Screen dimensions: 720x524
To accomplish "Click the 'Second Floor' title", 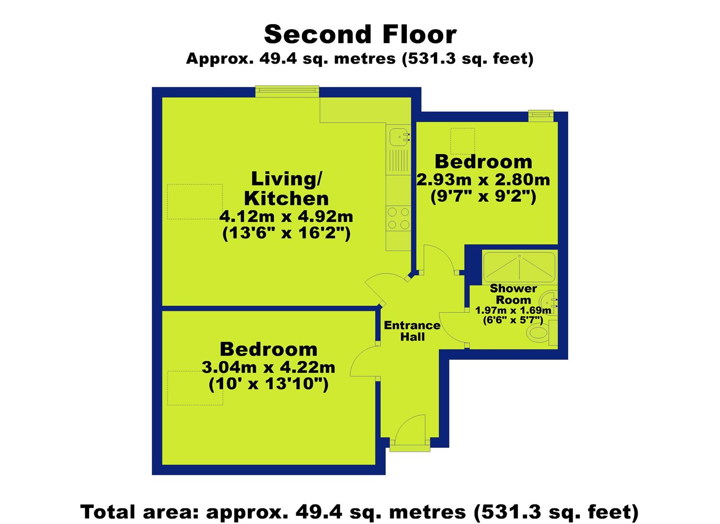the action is (360, 34).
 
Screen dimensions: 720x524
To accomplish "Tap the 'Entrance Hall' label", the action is (412, 331).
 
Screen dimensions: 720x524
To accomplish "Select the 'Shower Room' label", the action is (513, 294).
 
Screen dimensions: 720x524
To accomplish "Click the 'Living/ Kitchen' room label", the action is (286, 189).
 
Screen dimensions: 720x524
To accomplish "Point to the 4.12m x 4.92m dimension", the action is (286, 217).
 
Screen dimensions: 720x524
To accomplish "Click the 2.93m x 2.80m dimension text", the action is (483, 180).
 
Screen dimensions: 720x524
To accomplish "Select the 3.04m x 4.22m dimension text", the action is (269, 367).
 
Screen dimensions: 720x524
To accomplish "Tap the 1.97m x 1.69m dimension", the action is (513, 311).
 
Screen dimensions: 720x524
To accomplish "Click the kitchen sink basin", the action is (399, 137).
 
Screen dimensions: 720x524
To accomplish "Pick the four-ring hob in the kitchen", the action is (399, 218).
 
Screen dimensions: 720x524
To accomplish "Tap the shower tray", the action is (519, 268).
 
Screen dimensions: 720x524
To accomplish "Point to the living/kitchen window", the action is (287, 91).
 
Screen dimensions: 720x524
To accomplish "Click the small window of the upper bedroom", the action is (541, 116).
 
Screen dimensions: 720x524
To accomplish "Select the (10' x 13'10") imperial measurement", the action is (269, 384).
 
